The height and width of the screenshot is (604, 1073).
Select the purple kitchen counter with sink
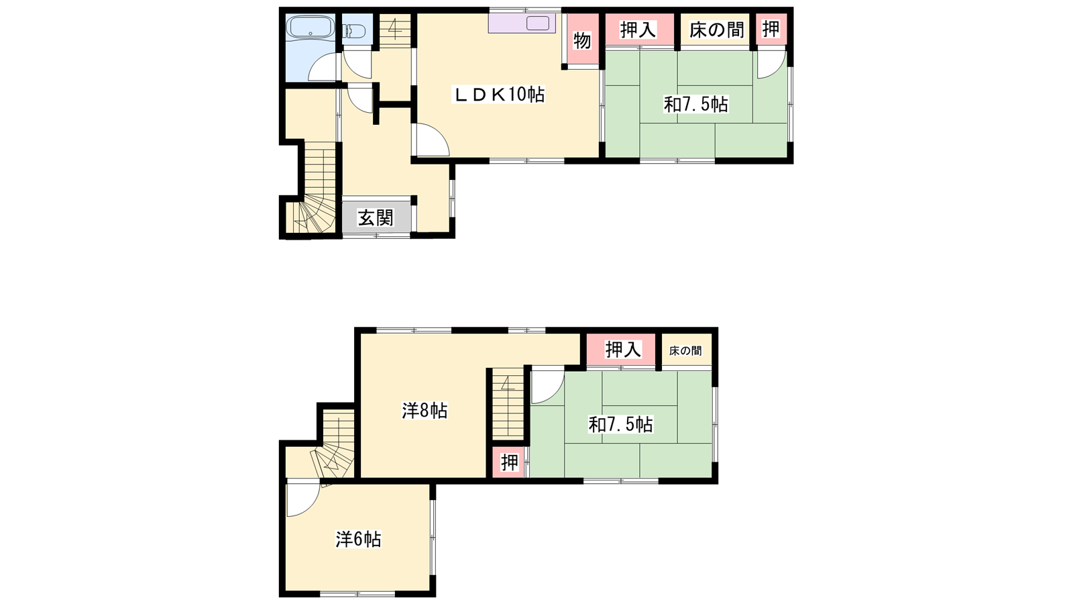(522, 23)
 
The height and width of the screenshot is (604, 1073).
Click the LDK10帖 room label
(499, 95)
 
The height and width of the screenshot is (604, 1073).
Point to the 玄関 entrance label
(376, 218)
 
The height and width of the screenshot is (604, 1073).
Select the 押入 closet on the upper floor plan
(639, 30)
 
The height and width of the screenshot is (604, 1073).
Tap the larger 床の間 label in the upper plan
(717, 30)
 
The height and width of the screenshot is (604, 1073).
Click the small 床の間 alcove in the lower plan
(685, 351)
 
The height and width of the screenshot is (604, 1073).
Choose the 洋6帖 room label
(358, 540)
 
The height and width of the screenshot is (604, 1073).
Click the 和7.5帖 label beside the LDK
(695, 104)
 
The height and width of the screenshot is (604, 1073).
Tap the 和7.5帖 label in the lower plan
(620, 424)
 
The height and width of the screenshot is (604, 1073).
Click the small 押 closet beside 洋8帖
(509, 462)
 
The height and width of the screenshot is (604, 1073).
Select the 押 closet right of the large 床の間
(771, 30)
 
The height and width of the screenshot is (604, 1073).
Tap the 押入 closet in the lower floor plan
(621, 350)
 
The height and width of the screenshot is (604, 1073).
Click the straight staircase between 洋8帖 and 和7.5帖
(508, 403)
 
